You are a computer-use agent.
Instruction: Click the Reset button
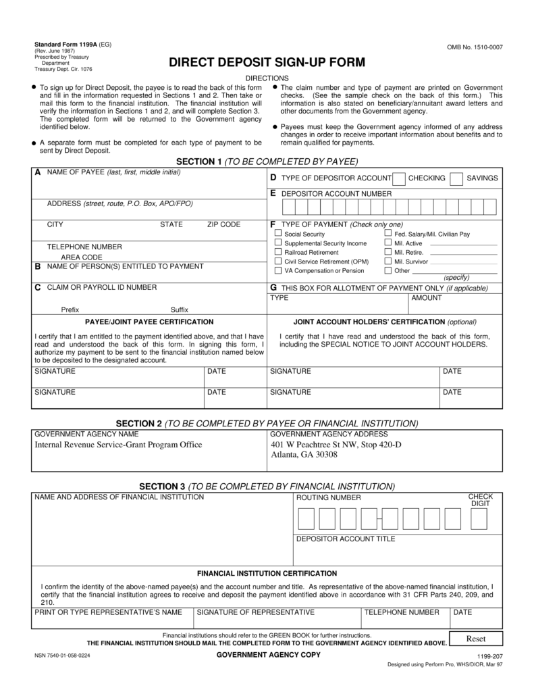pyautogui.click(x=476, y=639)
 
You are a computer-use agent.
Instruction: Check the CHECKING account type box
pyautogui.click(x=399, y=178)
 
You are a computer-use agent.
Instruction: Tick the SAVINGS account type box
pyautogui.click(x=456, y=178)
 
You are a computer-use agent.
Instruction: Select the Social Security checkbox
pyautogui.click(x=277, y=234)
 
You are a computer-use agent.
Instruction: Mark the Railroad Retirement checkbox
pyautogui.click(x=277, y=251)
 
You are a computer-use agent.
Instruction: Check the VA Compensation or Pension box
pyautogui.click(x=277, y=270)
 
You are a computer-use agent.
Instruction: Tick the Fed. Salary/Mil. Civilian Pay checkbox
pyautogui.click(x=388, y=234)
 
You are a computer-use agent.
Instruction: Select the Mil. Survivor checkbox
pyautogui.click(x=388, y=261)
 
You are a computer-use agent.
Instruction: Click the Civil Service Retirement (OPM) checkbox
pyautogui.click(x=277, y=261)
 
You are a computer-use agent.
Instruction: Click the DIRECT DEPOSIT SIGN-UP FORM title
pyautogui.click(x=267, y=63)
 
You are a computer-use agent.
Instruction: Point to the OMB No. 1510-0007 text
pyautogui.click(x=475, y=47)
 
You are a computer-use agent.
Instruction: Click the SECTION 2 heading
pyautogui.click(x=267, y=423)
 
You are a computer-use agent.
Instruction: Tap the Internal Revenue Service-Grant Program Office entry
pyautogui.click(x=118, y=445)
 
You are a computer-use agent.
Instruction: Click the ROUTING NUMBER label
pyautogui.click(x=329, y=498)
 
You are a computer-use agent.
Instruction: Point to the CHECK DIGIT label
pyautogui.click(x=481, y=500)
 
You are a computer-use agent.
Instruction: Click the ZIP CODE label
pyautogui.click(x=223, y=224)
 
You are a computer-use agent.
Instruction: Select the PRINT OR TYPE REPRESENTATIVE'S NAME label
pyautogui.click(x=108, y=612)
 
